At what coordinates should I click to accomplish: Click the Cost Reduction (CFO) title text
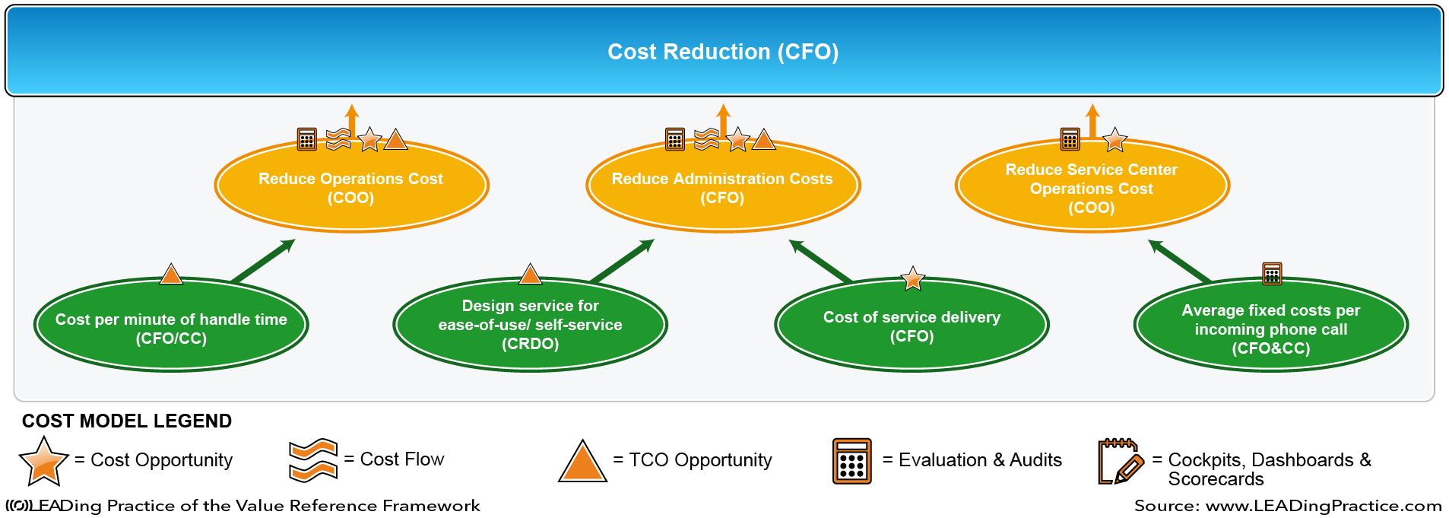click(723, 52)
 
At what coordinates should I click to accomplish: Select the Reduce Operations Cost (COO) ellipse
click(351, 186)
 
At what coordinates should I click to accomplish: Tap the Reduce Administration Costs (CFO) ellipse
click(723, 186)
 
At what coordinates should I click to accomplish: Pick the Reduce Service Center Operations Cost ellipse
click(1092, 186)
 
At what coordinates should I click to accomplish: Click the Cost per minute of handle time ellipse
click(171, 325)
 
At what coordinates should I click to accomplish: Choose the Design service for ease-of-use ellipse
click(531, 325)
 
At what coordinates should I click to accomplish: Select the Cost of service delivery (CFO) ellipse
click(912, 325)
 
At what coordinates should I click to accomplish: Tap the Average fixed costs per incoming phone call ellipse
click(1271, 325)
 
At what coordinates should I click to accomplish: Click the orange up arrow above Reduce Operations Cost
click(351, 121)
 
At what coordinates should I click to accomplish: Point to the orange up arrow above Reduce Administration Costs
click(723, 121)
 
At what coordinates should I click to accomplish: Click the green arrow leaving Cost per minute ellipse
click(263, 261)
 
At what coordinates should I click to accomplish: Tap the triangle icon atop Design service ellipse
click(530, 274)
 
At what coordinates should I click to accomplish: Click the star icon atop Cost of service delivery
click(912, 278)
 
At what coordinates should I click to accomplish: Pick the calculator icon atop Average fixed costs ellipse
click(1272, 273)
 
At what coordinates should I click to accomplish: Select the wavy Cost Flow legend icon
click(313, 460)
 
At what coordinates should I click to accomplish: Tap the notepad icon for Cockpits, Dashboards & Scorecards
click(1121, 461)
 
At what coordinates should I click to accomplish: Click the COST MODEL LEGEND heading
click(127, 421)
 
